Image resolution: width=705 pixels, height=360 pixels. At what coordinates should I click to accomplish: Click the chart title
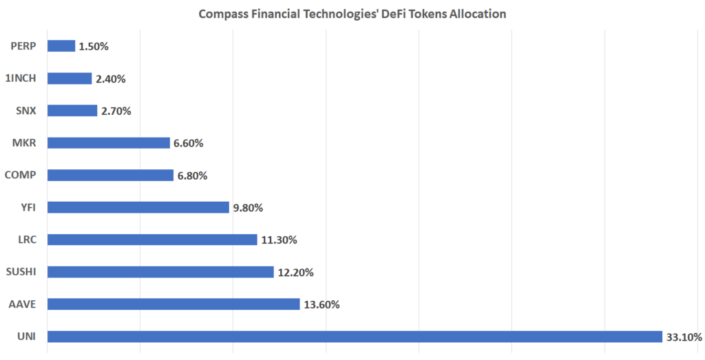352,14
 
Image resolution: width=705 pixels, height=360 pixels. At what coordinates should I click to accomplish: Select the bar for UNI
355,337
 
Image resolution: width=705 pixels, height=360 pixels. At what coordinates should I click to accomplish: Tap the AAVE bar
173,304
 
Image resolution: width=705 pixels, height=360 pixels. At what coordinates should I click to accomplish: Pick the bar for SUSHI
160,272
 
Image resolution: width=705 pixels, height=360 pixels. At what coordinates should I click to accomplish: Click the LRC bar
152,240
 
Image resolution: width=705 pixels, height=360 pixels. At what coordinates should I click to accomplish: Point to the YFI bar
138,207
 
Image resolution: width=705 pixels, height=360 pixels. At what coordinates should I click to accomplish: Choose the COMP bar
110,175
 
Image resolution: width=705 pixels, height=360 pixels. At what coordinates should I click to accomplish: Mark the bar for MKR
109,143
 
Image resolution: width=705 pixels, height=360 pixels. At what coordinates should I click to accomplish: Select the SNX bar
72,111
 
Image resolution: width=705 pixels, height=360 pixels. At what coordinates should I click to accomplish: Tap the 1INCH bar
70,78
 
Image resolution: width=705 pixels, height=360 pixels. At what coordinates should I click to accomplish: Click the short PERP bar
61,46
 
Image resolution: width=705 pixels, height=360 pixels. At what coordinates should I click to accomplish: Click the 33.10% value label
684,337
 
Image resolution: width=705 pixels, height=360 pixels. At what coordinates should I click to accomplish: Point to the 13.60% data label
322,304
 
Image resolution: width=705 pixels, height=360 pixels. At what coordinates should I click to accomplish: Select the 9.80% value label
249,207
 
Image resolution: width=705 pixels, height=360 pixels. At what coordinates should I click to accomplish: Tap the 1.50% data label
94,46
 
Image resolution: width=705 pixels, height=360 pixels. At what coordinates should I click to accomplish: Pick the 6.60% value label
189,143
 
